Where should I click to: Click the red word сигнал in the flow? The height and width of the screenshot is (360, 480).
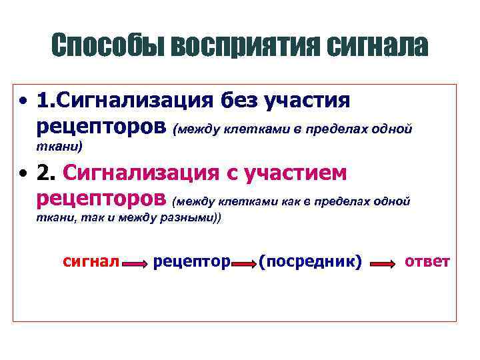[90, 261]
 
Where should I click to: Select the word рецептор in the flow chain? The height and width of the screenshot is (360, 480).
[191, 262]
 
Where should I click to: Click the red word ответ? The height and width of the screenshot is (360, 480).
[427, 261]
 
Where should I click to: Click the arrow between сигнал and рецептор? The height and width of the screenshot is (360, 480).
[135, 265]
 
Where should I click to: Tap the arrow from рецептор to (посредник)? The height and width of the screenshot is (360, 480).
[244, 265]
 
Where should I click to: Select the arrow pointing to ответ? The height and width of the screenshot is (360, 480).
[383, 265]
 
